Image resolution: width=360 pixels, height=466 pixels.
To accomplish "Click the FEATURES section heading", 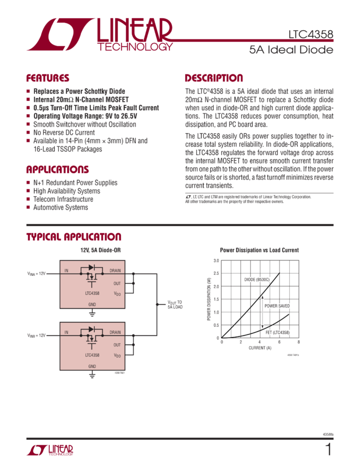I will coord(48,78).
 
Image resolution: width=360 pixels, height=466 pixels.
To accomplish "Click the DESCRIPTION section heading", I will coord(213,78).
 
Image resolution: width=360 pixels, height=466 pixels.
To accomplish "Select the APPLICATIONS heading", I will coord(58,170).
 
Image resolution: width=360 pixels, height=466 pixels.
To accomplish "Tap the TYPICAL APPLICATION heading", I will coord(74,237).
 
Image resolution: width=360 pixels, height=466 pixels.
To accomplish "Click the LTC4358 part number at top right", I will coord(311,35).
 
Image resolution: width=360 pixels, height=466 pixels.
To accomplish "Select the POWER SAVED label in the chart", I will coord(277,305).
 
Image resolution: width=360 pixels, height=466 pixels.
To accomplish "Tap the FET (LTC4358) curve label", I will coord(277,333).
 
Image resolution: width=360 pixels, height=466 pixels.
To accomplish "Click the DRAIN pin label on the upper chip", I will coord(115,271).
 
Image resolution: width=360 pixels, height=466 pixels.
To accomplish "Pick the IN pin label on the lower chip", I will coord(66,332).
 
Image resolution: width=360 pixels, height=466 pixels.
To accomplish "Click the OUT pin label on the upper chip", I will coord(117,283).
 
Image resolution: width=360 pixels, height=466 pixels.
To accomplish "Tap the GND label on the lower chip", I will coord(92,366).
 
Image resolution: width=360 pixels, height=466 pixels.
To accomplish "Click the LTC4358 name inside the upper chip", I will coord(92,293).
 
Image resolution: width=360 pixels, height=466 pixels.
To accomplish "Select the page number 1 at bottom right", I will coord(328,450).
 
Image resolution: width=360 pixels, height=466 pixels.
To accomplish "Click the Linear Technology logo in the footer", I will coord(49,450).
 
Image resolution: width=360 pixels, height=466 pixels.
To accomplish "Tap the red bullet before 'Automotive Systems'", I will coord(28,208).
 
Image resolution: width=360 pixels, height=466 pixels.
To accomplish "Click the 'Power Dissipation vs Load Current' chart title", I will coord(259,250).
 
